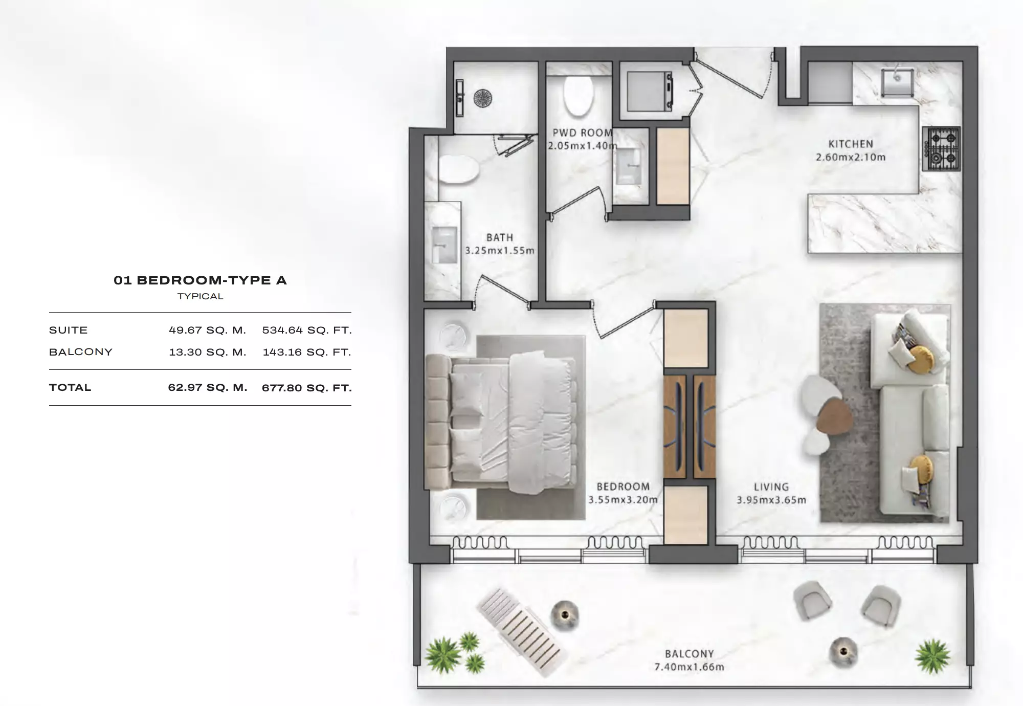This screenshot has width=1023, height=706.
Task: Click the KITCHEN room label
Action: tap(851, 144)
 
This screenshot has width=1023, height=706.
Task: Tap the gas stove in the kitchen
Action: tap(941, 148)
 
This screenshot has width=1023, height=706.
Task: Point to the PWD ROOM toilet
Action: tap(578, 96)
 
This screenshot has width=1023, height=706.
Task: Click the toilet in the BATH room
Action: tap(458, 169)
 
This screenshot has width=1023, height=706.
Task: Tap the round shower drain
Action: tap(482, 98)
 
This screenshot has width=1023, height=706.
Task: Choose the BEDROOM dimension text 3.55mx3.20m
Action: tap(622, 500)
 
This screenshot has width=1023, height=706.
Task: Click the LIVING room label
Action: tap(771, 487)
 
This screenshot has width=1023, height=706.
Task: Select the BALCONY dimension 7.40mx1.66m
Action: tap(689, 667)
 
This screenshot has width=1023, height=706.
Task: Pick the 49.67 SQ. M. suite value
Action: tap(207, 330)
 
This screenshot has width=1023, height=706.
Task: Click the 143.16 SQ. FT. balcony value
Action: tap(306, 352)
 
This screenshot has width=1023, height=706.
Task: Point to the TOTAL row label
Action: tap(70, 387)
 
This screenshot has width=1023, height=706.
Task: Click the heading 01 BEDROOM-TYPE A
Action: tap(200, 280)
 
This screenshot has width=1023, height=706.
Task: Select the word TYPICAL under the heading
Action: tap(200, 296)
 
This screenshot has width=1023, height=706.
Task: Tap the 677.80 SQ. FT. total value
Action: tap(306, 388)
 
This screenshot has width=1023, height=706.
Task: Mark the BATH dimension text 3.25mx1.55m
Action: tap(499, 251)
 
